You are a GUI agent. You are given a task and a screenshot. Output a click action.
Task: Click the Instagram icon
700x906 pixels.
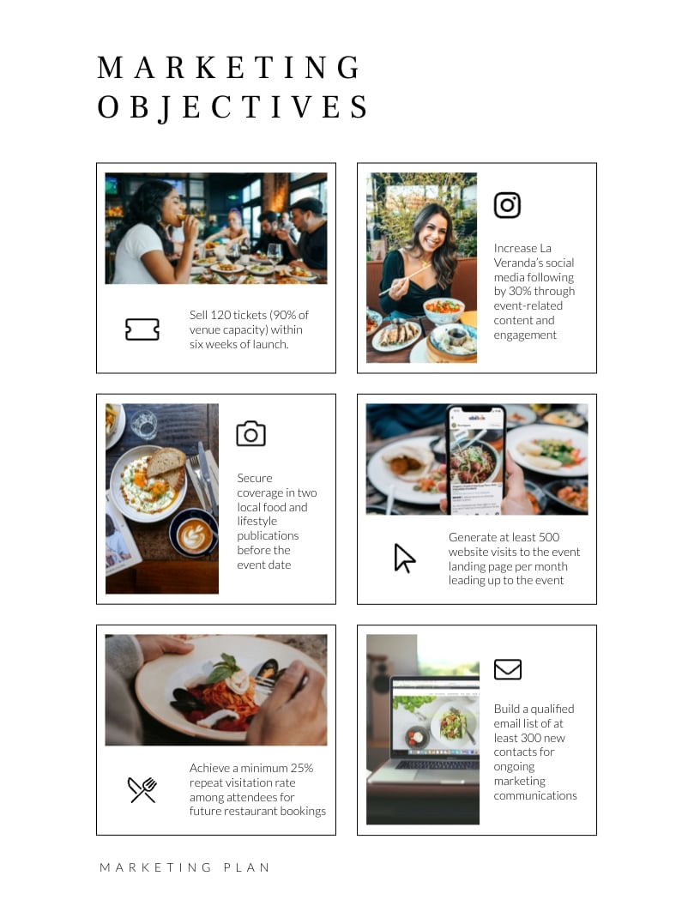tap(507, 205)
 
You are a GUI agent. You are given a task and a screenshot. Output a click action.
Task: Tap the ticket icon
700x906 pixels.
tap(142, 329)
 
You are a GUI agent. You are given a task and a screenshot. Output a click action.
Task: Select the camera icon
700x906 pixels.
tap(250, 433)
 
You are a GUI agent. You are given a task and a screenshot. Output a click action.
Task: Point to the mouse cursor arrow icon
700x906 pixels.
tap(404, 559)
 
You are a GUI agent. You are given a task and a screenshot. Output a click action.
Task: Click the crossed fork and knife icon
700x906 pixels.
tap(142, 789)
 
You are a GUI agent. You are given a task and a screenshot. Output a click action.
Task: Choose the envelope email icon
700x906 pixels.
tap(508, 669)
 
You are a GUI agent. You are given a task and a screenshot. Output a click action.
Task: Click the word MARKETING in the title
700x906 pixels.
tap(229, 69)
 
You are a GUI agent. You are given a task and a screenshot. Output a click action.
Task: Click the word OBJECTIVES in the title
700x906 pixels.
tap(233, 108)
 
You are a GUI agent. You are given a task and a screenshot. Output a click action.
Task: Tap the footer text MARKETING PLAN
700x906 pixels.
tap(184, 867)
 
